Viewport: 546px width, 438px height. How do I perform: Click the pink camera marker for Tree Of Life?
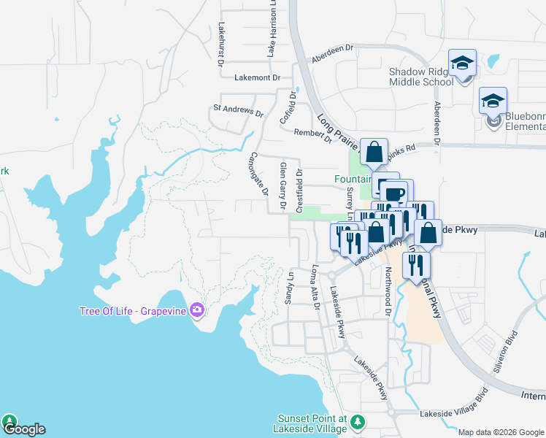pos(196,311)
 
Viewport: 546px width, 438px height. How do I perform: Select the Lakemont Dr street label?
pos(258,77)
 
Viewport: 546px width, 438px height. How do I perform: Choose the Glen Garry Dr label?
pos(283,187)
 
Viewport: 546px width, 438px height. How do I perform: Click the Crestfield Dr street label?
pos(299,188)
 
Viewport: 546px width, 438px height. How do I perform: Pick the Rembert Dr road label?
pos(312,134)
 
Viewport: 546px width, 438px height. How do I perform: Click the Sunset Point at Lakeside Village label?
pos(312,424)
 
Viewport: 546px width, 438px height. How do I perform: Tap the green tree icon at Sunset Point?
pos(358,423)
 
